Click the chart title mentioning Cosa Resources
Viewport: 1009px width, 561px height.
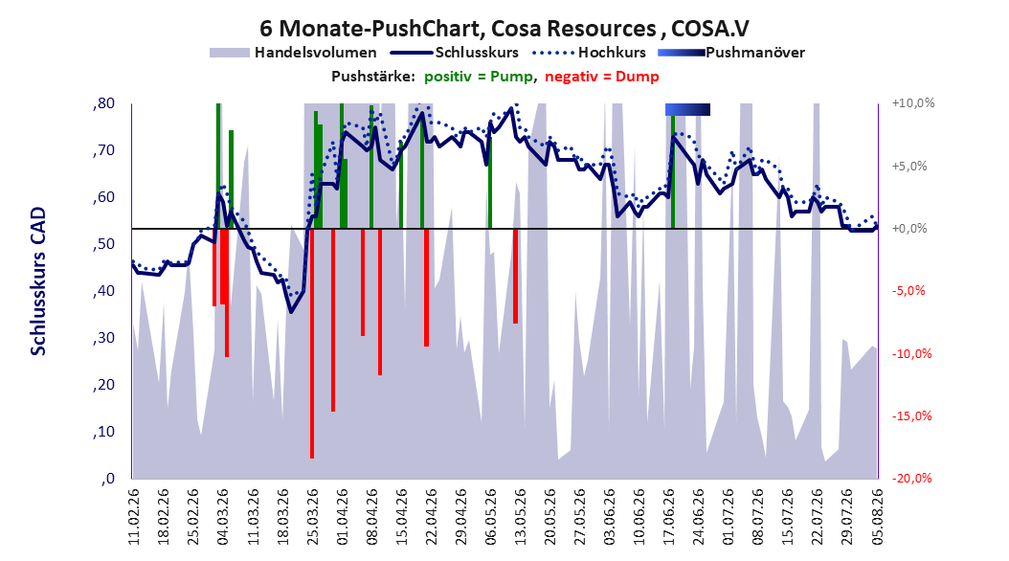(x=504, y=29)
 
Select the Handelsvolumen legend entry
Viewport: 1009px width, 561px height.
(x=294, y=53)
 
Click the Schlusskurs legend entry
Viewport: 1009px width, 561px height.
(x=456, y=53)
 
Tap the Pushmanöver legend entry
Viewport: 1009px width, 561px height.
(x=731, y=53)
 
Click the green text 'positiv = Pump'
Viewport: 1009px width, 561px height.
(x=479, y=77)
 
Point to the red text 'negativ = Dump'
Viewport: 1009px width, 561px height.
(x=602, y=77)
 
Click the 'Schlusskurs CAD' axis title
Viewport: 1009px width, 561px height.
(x=38, y=281)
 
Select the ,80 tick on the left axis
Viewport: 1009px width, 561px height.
(x=103, y=103)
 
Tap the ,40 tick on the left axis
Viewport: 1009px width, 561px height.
(x=103, y=291)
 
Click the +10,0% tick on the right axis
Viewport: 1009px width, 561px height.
(x=913, y=103)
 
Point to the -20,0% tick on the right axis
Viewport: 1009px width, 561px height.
(x=911, y=478)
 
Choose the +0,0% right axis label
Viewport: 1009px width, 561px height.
(x=909, y=229)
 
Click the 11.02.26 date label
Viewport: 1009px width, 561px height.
(x=134, y=517)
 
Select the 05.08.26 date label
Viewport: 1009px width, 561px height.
(x=877, y=517)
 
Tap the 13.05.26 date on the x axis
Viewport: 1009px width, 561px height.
(x=520, y=517)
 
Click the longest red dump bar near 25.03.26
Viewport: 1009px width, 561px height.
(x=312, y=344)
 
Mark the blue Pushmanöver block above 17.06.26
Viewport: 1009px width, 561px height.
(x=688, y=109)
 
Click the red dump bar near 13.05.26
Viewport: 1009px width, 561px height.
(x=515, y=276)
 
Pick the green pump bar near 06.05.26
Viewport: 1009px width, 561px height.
(x=490, y=183)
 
